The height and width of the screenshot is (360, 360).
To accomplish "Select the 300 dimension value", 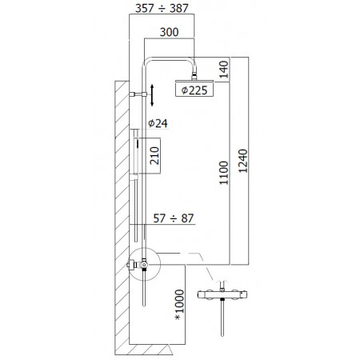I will pos(170,32).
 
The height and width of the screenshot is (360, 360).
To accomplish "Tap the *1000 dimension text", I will pos(178,304).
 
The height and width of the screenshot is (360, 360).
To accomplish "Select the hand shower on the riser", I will pos(138,156).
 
